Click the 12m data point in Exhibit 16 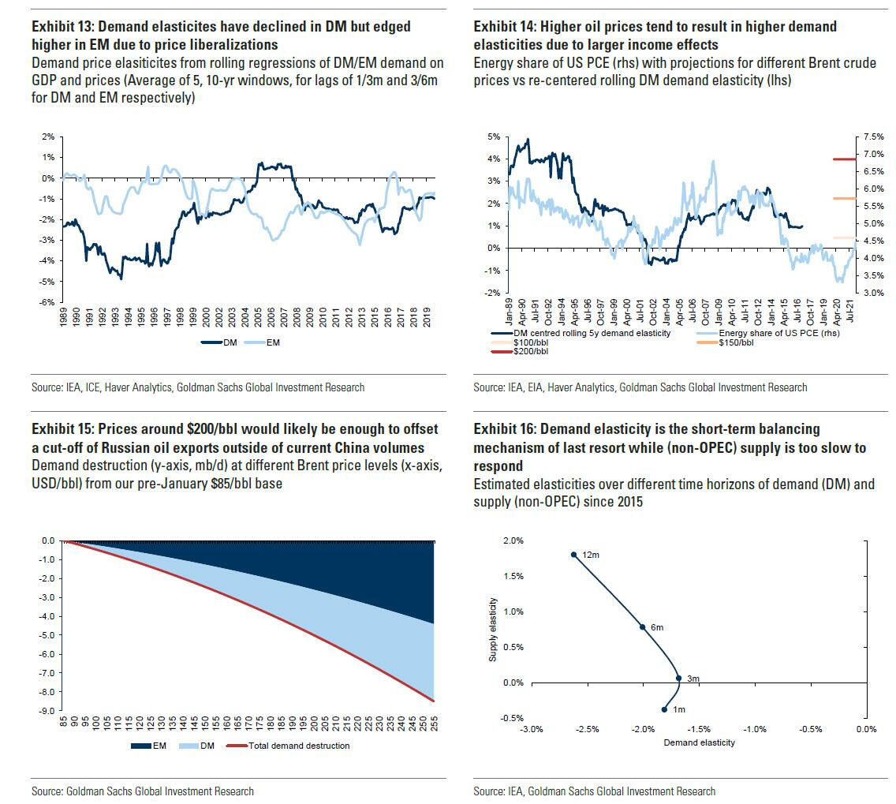point(574,555)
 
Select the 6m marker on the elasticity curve point(642,627)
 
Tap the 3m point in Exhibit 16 point(678,678)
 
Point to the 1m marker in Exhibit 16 point(664,709)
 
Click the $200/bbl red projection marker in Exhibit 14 point(844,159)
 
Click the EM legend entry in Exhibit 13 point(267,343)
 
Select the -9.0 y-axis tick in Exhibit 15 point(49,711)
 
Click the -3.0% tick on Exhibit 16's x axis point(531,729)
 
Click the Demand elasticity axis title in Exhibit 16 point(699,743)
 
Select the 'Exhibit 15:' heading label point(64,428)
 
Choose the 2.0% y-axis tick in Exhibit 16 point(512,540)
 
